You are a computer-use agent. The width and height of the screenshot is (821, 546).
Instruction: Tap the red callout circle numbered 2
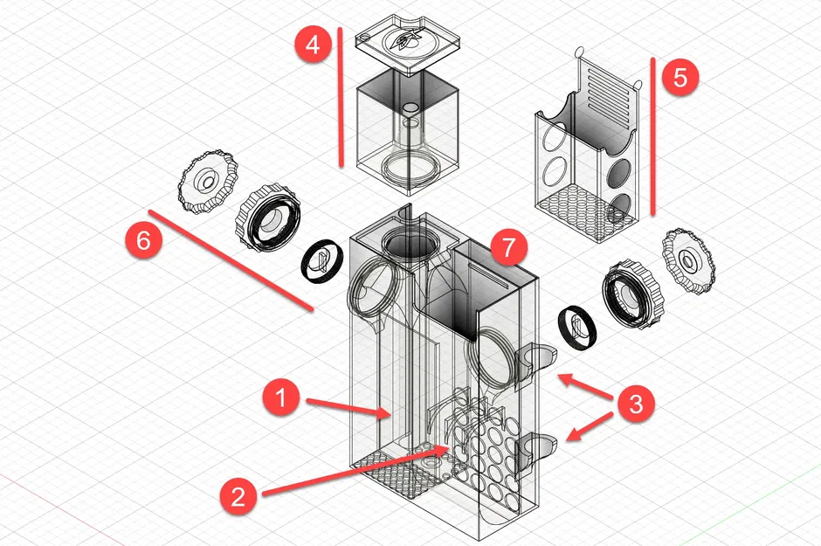pyautogui.click(x=238, y=497)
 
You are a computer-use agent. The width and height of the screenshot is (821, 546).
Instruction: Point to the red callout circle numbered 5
pyautogui.click(x=680, y=76)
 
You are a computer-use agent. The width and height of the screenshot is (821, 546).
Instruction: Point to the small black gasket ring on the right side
pyautogui.click(x=576, y=328)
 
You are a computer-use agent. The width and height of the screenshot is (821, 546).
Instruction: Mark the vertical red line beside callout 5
pyautogui.click(x=653, y=135)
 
